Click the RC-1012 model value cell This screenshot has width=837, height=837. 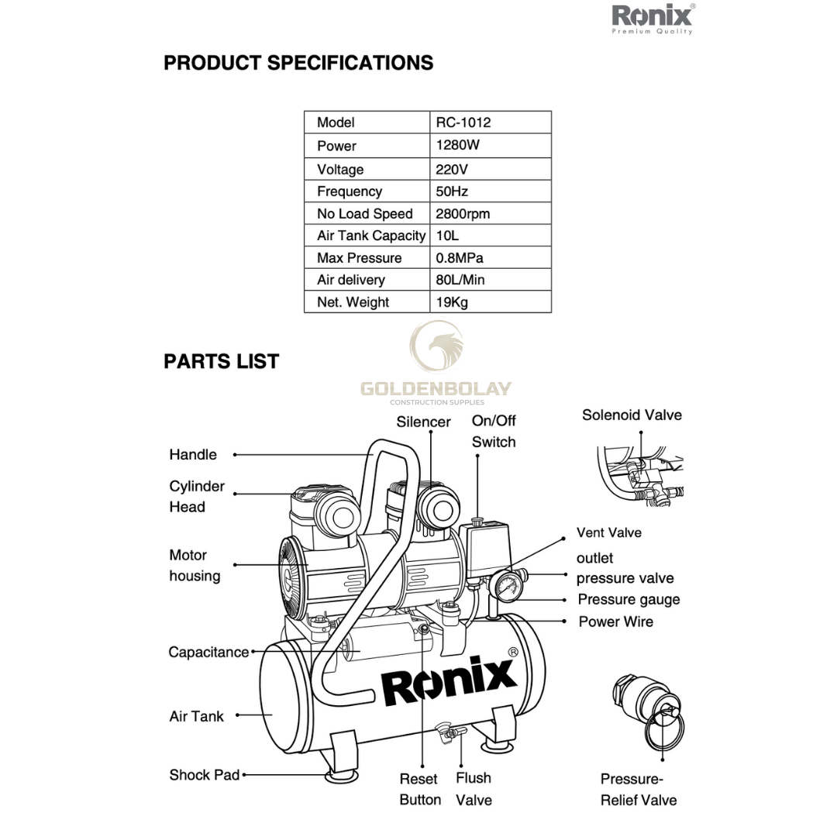point(463,122)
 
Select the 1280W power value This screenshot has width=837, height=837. point(458,145)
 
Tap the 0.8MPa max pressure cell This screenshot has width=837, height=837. point(460,258)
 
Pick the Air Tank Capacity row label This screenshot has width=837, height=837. point(371,236)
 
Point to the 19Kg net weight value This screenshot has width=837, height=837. point(452,302)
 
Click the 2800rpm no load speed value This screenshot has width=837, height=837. point(463,214)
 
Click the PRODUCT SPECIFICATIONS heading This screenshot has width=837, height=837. point(298,63)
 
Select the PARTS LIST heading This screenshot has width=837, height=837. point(221,361)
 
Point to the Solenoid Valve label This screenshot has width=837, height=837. point(632,415)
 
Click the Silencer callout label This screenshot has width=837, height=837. point(423,422)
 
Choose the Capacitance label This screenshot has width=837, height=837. point(208,653)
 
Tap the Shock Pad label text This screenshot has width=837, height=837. point(205,775)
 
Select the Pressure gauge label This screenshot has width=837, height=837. point(629,600)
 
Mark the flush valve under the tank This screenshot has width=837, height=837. point(447,730)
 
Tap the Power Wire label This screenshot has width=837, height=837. point(615,622)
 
